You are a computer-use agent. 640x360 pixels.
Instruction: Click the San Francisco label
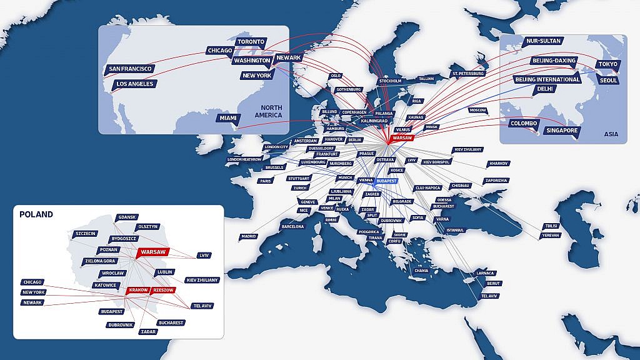pos(129,69)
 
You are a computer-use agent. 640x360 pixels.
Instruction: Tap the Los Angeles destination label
pos(134,84)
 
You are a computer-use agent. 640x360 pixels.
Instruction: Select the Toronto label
pos(251,42)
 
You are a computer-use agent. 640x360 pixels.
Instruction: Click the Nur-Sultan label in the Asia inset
pos(541,41)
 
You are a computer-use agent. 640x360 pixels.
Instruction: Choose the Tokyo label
pos(607,64)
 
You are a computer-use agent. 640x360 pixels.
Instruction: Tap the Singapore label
pos(562,131)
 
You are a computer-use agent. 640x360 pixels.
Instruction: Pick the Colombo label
pos(523,124)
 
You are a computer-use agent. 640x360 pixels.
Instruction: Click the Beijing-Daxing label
pos(553,61)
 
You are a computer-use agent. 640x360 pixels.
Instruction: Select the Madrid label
pos(249,237)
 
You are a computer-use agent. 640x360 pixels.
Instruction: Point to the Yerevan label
pos(551,235)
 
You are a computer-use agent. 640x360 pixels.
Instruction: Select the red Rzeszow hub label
pos(163,291)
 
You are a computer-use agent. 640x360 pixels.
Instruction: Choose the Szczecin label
pos(85,233)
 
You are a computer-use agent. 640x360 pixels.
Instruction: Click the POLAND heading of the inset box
pos(36,214)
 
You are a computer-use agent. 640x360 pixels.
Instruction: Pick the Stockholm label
pos(390,81)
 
